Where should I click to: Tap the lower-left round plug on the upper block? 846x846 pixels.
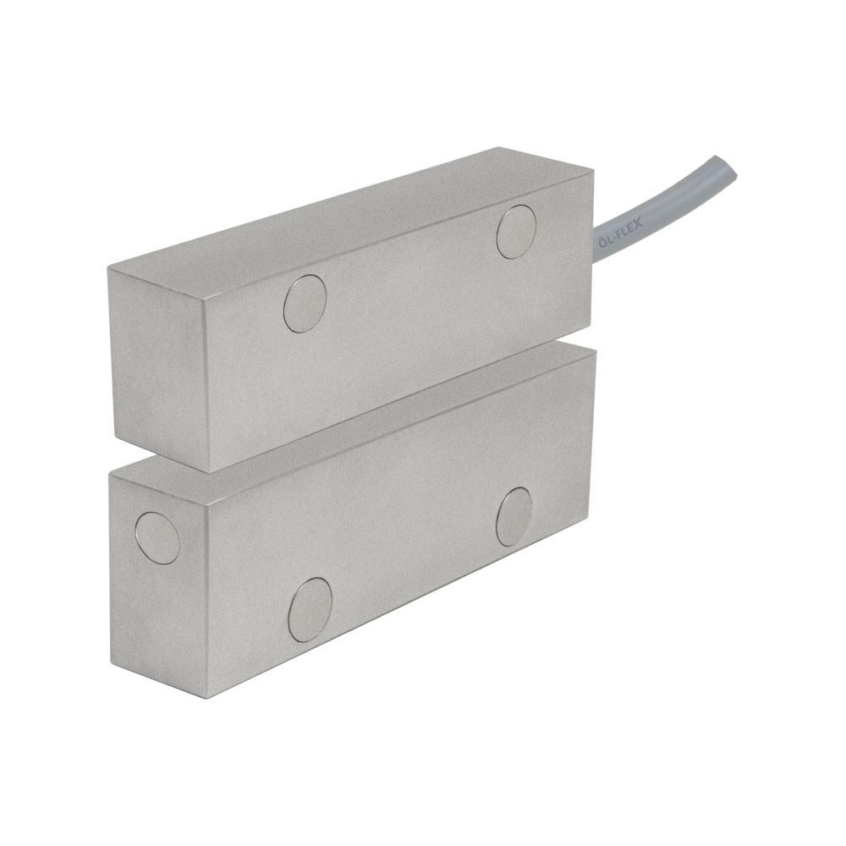point(305,302)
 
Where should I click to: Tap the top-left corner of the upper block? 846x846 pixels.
point(106,267)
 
